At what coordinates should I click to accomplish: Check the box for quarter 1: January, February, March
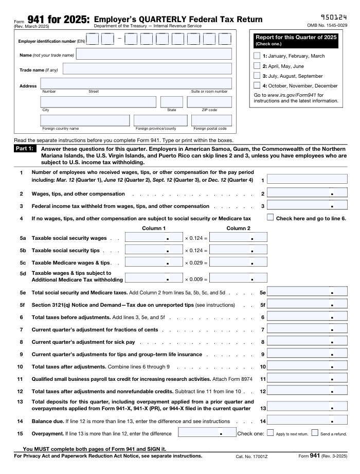click(257, 56)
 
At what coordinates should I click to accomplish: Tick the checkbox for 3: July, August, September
click(257, 76)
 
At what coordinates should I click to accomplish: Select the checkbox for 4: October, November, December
click(257, 85)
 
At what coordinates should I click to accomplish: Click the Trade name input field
click(147, 68)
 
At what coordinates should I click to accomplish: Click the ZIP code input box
click(209, 102)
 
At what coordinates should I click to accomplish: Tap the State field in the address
click(171, 102)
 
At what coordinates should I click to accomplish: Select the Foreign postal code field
click(211, 120)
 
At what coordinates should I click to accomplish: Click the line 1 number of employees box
click(308, 180)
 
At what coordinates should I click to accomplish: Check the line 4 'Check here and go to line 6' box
click(271, 218)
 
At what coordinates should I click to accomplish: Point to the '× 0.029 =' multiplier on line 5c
click(196, 263)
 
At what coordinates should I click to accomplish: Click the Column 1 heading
click(154, 228)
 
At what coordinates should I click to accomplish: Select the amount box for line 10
click(308, 367)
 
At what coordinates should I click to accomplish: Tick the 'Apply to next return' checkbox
click(271, 433)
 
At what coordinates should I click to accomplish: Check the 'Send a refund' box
click(315, 433)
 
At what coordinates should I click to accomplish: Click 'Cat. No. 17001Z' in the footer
click(253, 456)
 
